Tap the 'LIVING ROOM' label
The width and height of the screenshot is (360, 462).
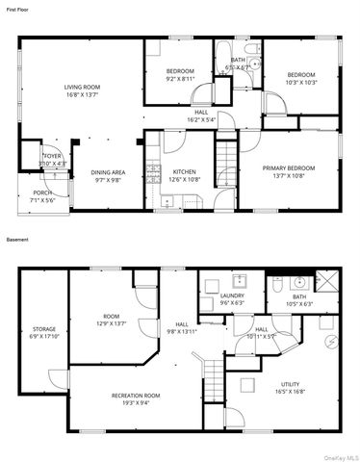pyautogui.click(x=83, y=88)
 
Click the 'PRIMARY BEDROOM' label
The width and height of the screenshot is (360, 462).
pyautogui.click(x=291, y=168)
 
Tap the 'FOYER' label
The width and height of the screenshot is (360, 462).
pyautogui.click(x=51, y=156)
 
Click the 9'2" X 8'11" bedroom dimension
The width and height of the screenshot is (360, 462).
pyautogui.click(x=180, y=78)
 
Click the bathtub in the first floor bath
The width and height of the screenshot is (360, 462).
pyautogui.click(x=222, y=54)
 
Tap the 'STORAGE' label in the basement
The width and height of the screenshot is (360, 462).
pyautogui.click(x=43, y=329)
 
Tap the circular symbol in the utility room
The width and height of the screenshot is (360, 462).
pyautogui.click(x=333, y=341)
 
